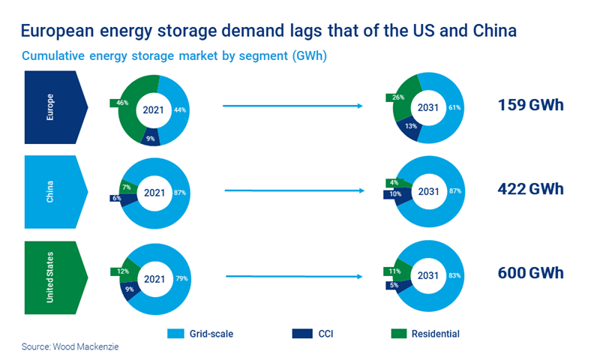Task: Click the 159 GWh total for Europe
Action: click(530, 105)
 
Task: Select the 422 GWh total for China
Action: click(530, 189)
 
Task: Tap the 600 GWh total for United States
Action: click(530, 273)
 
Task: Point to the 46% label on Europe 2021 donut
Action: click(120, 102)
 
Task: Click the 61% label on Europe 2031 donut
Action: click(454, 107)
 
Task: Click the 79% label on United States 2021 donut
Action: click(180, 278)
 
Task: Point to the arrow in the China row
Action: click(292, 191)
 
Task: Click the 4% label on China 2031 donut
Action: click(394, 182)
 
